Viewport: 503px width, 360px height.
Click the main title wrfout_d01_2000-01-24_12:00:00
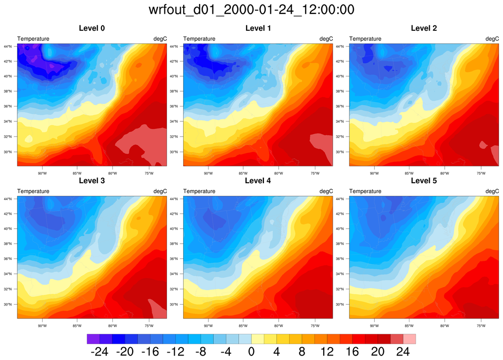(251, 9)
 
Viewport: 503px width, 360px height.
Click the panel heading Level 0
(92, 28)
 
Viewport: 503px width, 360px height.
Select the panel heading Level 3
(92, 181)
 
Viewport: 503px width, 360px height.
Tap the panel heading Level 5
(424, 181)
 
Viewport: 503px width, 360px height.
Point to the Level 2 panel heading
(424, 28)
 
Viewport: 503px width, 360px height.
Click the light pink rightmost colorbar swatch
(409, 339)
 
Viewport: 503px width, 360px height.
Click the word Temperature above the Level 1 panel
(200, 39)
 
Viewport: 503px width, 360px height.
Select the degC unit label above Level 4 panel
(326, 191)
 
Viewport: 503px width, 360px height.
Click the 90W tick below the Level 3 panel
(42, 325)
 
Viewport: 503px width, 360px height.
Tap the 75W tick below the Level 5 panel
(481, 325)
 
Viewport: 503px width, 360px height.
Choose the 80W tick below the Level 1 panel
(278, 173)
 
